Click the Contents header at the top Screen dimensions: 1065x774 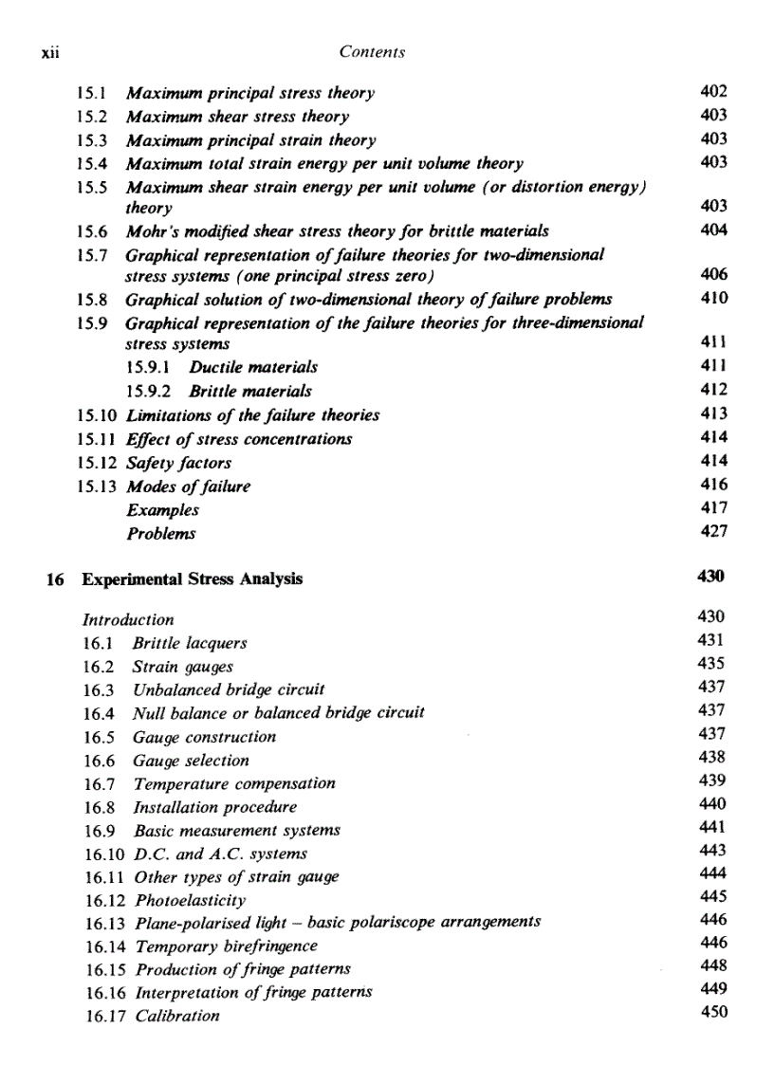pyautogui.click(x=372, y=53)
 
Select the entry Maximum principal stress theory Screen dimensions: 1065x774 pyautogui.click(x=250, y=93)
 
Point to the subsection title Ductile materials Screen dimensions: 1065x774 pyautogui.click(x=253, y=367)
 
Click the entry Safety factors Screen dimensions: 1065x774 pyautogui.click(x=178, y=463)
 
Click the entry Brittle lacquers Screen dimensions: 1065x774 pyautogui.click(x=190, y=643)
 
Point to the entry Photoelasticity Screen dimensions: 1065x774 pyautogui.click(x=191, y=900)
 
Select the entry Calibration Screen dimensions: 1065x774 pyautogui.click(x=177, y=1016)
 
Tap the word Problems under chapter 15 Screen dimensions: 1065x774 pyautogui.click(x=160, y=533)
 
